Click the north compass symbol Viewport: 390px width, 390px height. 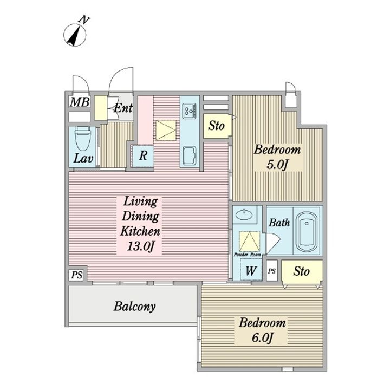[x=75, y=34]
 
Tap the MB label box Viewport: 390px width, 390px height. [x=80, y=102]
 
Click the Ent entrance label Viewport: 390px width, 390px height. [x=123, y=108]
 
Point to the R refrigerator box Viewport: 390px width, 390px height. [x=143, y=155]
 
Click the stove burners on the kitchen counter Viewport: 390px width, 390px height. [x=190, y=111]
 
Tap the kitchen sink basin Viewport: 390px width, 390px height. [x=190, y=155]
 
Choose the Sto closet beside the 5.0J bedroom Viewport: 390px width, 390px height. [x=217, y=126]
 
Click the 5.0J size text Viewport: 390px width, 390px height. [x=277, y=165]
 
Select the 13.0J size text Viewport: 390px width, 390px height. [x=141, y=246]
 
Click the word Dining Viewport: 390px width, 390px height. [x=140, y=216]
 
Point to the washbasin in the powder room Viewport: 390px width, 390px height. [x=244, y=214]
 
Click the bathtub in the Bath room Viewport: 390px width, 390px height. [x=307, y=232]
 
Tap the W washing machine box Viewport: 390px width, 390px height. [x=251, y=270]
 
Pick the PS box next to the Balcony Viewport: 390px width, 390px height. [x=77, y=275]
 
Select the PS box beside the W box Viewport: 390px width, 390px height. [x=272, y=271]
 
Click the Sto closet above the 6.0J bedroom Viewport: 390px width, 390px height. [x=302, y=271]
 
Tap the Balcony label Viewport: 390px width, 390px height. [x=134, y=307]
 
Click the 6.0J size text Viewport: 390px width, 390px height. [x=262, y=338]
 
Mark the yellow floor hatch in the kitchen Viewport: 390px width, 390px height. [x=166, y=130]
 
